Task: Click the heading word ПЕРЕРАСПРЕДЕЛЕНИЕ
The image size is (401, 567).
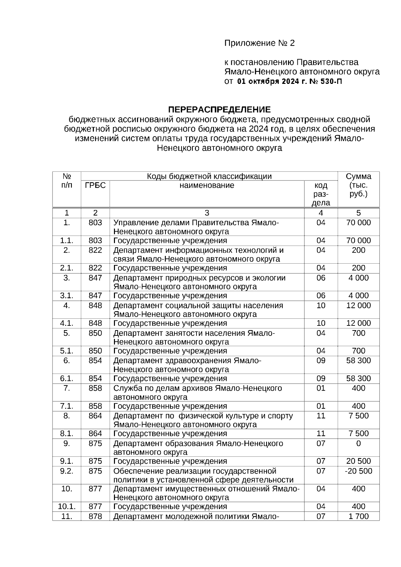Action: click(219, 110)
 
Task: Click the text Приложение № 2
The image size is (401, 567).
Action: click(260, 43)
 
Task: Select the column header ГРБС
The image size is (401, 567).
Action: click(95, 185)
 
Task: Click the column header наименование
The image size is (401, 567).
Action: click(207, 185)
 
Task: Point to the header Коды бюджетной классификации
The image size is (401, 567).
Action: click(209, 176)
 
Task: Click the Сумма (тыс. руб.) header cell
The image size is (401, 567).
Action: click(358, 185)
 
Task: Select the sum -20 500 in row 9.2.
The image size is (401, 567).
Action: click(358, 471)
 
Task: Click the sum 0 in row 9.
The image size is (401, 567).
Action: click(359, 443)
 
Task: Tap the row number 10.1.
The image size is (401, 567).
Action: click(67, 507)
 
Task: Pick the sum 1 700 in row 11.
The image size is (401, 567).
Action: click(358, 517)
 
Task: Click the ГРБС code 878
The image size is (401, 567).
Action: click(95, 517)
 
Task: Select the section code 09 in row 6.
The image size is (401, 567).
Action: click(321, 361)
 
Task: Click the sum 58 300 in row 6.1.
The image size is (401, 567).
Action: click(358, 379)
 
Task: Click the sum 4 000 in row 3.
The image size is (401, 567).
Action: click(358, 278)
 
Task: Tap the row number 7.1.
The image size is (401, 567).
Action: click(67, 406)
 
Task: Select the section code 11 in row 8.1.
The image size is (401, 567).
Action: click(321, 434)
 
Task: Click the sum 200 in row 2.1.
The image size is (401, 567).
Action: click(358, 268)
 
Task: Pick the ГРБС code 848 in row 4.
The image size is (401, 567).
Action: click(95, 305)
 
